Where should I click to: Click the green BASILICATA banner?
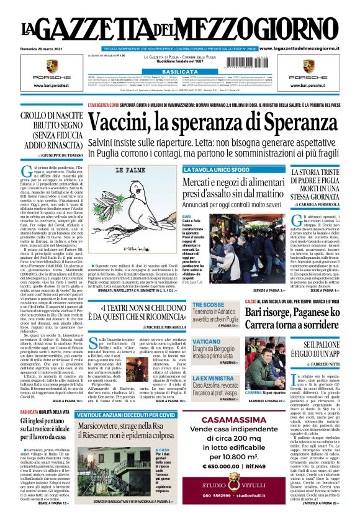click(x=179, y=72)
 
